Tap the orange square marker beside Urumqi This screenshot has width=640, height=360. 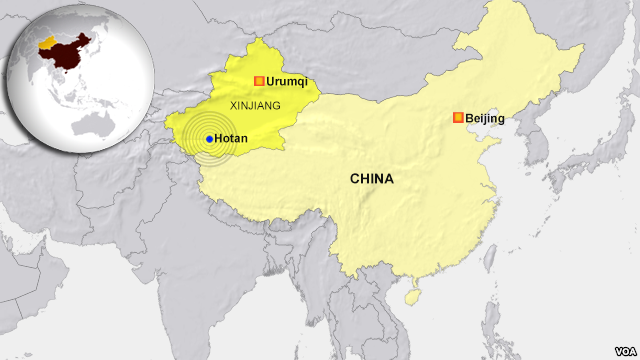tap(259, 81)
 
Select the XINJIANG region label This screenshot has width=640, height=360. tap(256, 104)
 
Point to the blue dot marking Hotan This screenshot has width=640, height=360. tap(209, 139)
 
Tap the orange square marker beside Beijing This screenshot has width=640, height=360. tap(458, 118)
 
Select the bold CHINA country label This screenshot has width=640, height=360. tap(371, 179)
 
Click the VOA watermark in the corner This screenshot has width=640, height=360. tap(618, 346)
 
